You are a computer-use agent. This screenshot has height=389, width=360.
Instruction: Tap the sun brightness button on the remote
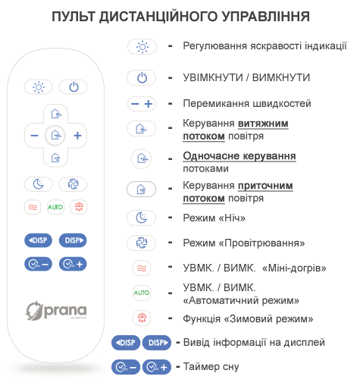tap(38, 87)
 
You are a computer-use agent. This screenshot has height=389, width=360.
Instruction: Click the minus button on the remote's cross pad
tap(34, 136)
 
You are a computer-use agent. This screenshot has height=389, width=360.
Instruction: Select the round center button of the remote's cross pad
tap(55, 136)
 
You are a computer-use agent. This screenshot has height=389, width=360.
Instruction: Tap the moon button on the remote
tap(38, 184)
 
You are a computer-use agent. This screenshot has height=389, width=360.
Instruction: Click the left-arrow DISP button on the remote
tap(38, 240)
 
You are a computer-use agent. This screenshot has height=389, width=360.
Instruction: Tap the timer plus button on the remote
tap(73, 264)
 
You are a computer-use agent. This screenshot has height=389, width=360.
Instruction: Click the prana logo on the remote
tap(56, 311)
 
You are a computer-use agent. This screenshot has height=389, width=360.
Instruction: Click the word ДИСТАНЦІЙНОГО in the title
tap(158, 17)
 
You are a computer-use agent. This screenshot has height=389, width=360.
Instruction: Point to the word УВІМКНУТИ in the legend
tap(213, 77)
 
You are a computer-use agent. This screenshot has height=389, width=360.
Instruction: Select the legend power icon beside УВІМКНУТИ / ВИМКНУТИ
tap(142, 77)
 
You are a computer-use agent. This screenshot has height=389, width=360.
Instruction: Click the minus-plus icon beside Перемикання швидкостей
tap(142, 104)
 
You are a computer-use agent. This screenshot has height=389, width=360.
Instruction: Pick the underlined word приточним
tap(265, 187)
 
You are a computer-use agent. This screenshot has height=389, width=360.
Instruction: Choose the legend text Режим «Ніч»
tap(214, 218)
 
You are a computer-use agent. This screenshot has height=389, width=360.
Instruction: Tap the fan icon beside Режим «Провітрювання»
tap(142, 243)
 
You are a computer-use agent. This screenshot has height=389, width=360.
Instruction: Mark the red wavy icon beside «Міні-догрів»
tap(142, 268)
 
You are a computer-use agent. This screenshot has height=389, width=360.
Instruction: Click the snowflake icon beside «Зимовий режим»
tap(142, 318)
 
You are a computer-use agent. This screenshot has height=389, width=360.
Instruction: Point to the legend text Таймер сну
tap(211, 367)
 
